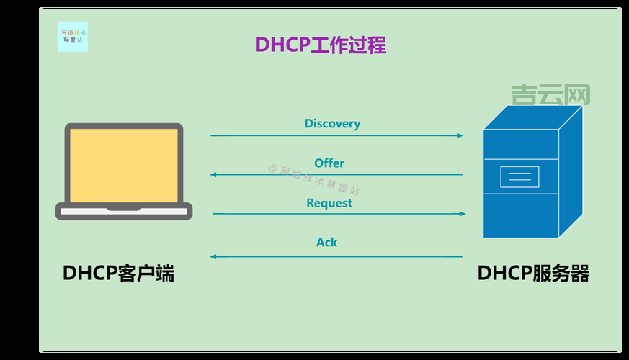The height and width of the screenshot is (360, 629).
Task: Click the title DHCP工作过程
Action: [x=321, y=45]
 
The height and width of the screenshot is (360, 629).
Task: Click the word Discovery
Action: [x=332, y=123]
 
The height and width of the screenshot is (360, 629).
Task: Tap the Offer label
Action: [x=329, y=163]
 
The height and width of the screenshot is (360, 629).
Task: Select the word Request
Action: [x=329, y=203]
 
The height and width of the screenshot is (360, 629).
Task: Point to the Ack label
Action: [x=326, y=242]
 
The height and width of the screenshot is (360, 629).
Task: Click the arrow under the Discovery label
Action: [x=336, y=135]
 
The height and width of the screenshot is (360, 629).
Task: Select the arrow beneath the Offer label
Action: [x=336, y=175]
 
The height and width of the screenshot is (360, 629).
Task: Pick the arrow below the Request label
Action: [x=339, y=214]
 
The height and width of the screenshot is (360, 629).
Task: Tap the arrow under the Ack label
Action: [x=336, y=256]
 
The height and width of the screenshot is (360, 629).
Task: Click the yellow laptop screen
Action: [x=124, y=165]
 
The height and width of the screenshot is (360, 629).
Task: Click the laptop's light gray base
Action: [x=124, y=212]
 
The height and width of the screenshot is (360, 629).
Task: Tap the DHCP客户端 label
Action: [x=118, y=274]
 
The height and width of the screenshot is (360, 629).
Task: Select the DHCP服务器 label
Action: [x=533, y=274]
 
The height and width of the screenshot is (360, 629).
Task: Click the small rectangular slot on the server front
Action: [x=519, y=176]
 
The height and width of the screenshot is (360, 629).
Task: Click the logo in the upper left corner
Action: [x=72, y=37]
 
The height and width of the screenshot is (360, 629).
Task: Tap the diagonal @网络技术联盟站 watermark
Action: [x=314, y=180]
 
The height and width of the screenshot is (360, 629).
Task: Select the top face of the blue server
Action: [x=533, y=117]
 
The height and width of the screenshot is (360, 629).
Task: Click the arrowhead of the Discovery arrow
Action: [x=460, y=135]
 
